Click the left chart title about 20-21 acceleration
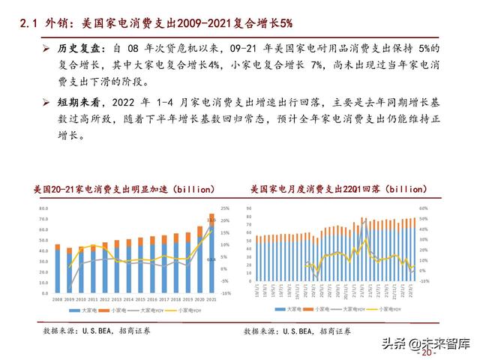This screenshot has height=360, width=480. pyautogui.click(x=124, y=188)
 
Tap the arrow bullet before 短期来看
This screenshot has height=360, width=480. pyautogui.click(x=46, y=101)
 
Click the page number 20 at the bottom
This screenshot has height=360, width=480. pyautogui.click(x=430, y=352)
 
